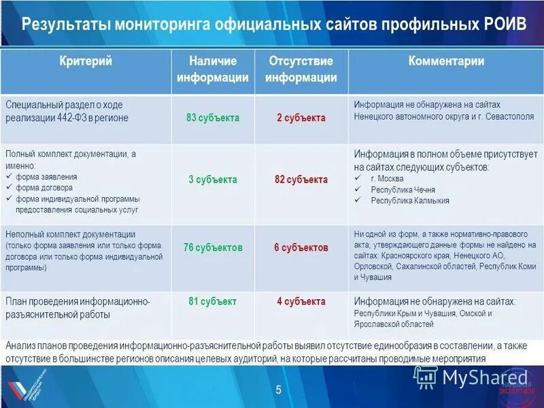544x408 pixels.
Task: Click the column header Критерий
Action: (86, 61)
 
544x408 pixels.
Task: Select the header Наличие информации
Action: (213, 69)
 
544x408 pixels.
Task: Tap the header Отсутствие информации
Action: (301, 69)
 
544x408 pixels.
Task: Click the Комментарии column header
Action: (446, 61)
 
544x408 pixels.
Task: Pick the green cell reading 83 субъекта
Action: (213, 118)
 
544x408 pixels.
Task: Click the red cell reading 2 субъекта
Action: (301, 118)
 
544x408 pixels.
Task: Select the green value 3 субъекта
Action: (213, 180)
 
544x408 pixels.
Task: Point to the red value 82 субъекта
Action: (301, 180)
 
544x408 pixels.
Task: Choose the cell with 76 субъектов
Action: (213, 248)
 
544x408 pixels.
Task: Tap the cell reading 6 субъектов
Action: (301, 248)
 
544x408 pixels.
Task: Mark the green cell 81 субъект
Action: (213, 301)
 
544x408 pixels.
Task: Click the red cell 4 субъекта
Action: (301, 301)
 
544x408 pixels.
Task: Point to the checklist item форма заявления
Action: (48, 177)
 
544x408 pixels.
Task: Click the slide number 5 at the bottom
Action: (278, 389)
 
